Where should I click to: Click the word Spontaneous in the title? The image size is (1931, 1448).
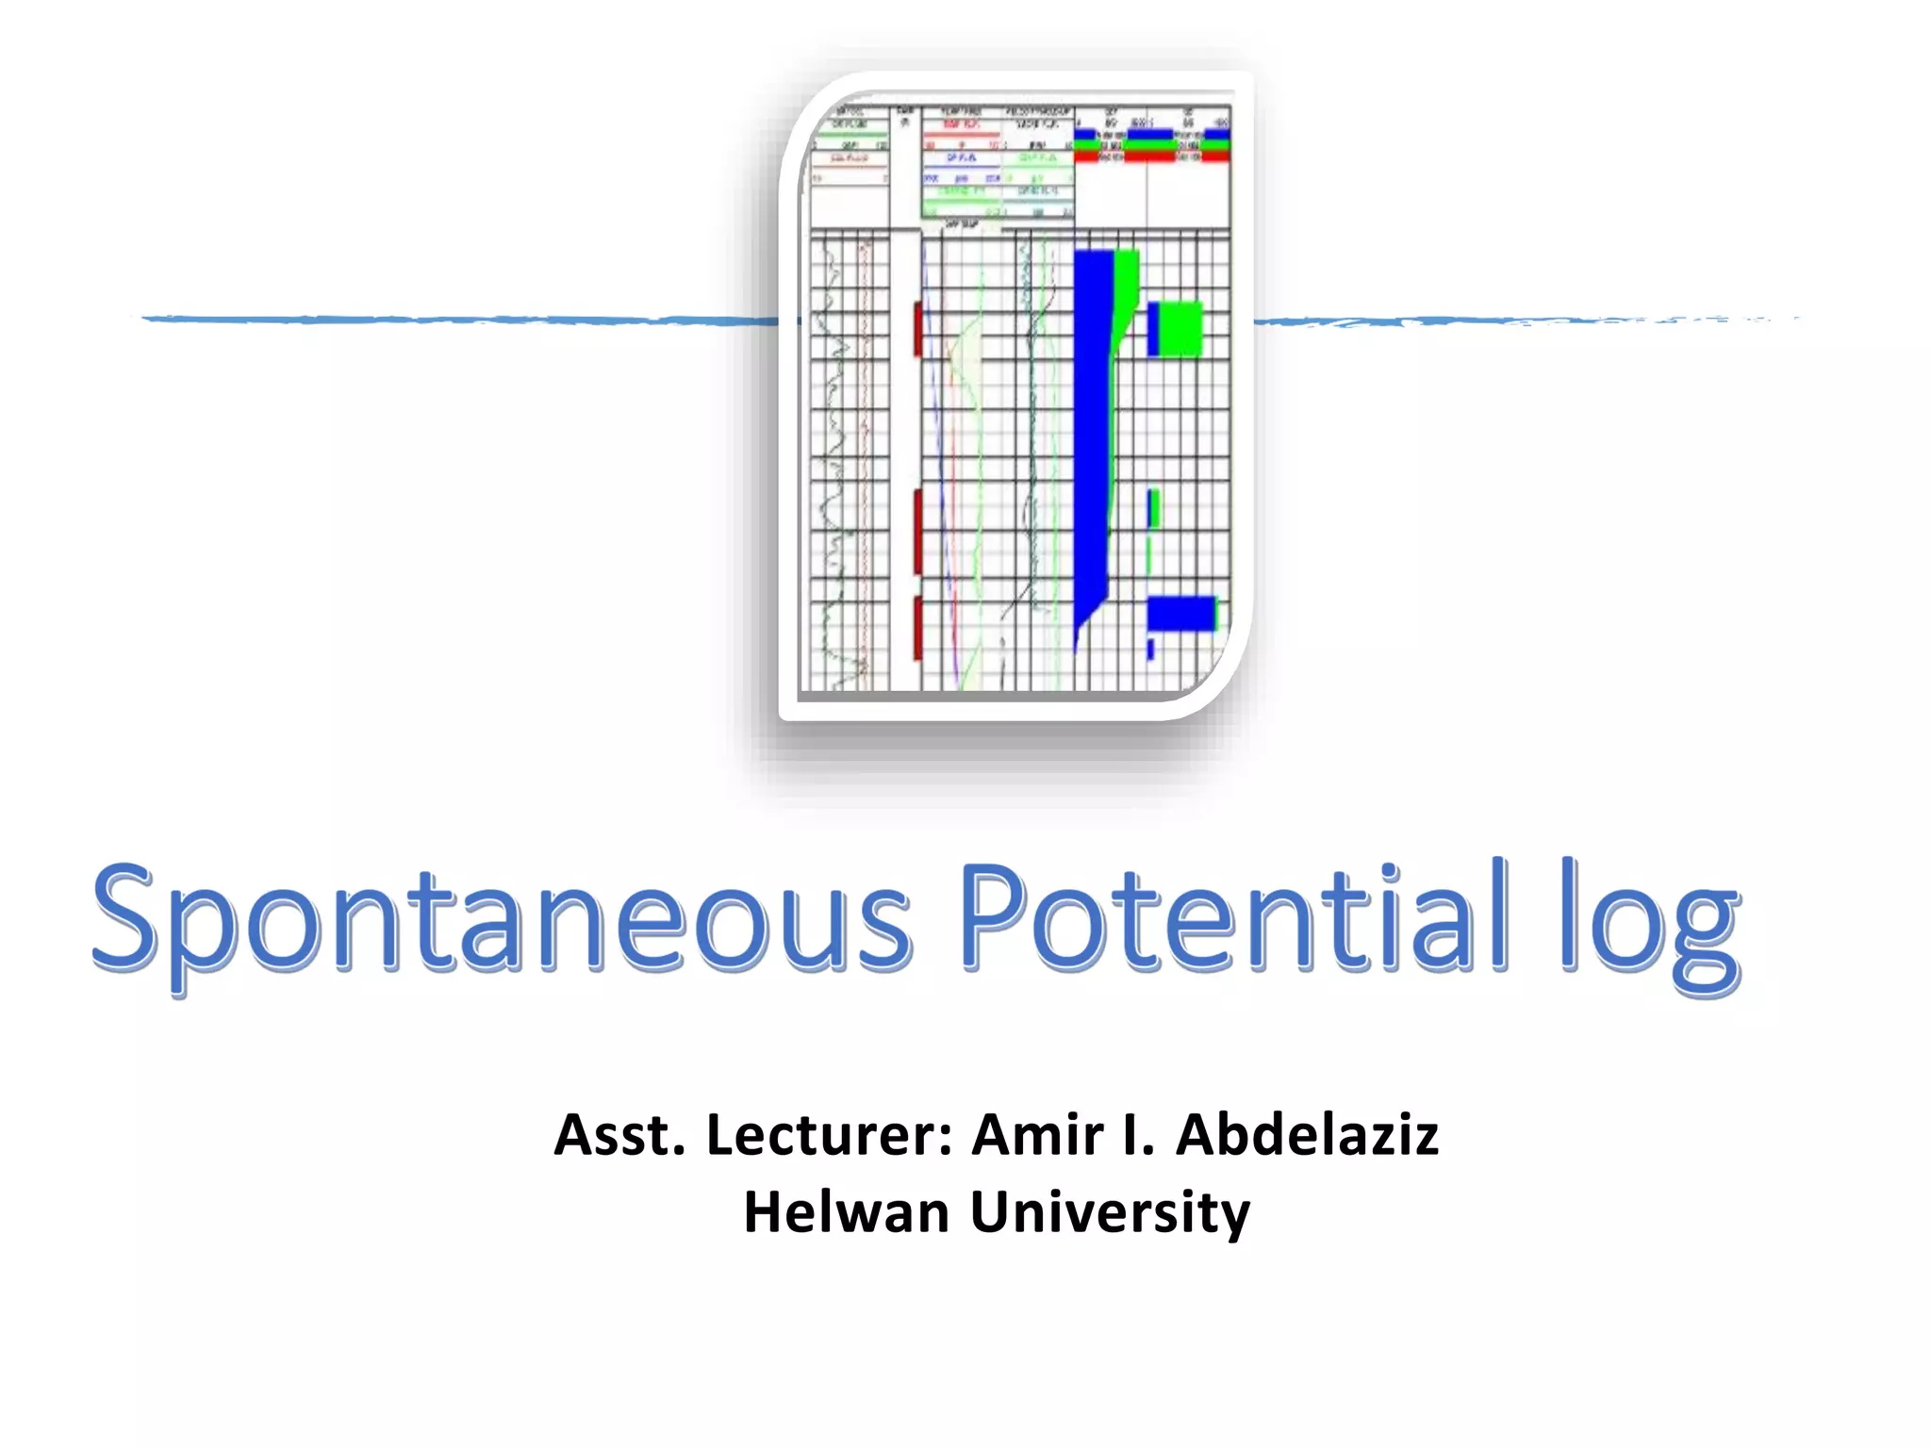(x=500, y=919)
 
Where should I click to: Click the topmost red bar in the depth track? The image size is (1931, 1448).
(x=917, y=329)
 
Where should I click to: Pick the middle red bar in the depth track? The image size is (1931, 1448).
(x=917, y=531)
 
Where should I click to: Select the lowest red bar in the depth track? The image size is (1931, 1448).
(x=917, y=627)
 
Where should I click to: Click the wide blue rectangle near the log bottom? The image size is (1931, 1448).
(x=1180, y=614)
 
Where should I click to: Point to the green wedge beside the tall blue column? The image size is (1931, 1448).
(x=1125, y=292)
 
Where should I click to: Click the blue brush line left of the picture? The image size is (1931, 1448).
(x=453, y=320)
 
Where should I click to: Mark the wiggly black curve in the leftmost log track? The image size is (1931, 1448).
(x=832, y=452)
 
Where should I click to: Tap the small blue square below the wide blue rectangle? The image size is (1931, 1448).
(x=1150, y=649)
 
